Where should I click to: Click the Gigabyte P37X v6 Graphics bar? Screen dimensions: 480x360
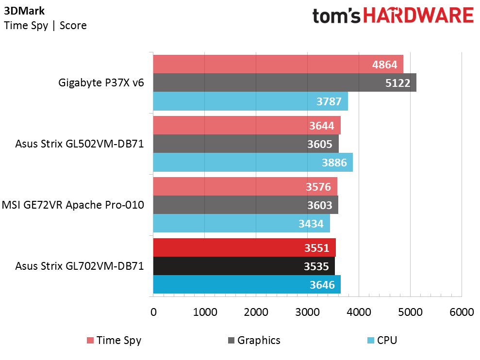[285, 82]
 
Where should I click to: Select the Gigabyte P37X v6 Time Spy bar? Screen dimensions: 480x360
[278, 64]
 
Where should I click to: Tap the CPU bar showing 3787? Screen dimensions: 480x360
[250, 101]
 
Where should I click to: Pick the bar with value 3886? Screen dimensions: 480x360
[253, 162]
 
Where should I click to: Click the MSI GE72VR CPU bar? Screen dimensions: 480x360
[242, 223]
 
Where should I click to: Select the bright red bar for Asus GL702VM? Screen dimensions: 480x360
[245, 247]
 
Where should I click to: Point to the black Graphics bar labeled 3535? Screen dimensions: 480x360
[244, 266]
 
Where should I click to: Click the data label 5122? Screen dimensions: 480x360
[397, 83]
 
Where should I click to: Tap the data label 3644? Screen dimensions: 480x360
[321, 126]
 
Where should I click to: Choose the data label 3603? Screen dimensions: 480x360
[319, 205]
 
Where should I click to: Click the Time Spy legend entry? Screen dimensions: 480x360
[114, 341]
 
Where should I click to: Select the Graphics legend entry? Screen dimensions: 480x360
[254, 341]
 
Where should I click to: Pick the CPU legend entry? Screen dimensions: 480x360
[382, 341]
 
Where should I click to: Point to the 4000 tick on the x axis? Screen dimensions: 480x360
[359, 312]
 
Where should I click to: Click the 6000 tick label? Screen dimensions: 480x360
[462, 312]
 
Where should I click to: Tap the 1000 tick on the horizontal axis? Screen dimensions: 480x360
[205, 312]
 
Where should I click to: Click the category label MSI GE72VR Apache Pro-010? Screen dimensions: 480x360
[73, 205]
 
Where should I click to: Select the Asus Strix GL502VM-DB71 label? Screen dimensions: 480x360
[80, 144]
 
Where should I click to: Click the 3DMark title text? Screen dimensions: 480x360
[24, 11]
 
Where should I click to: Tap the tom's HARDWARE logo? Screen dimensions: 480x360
[393, 16]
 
